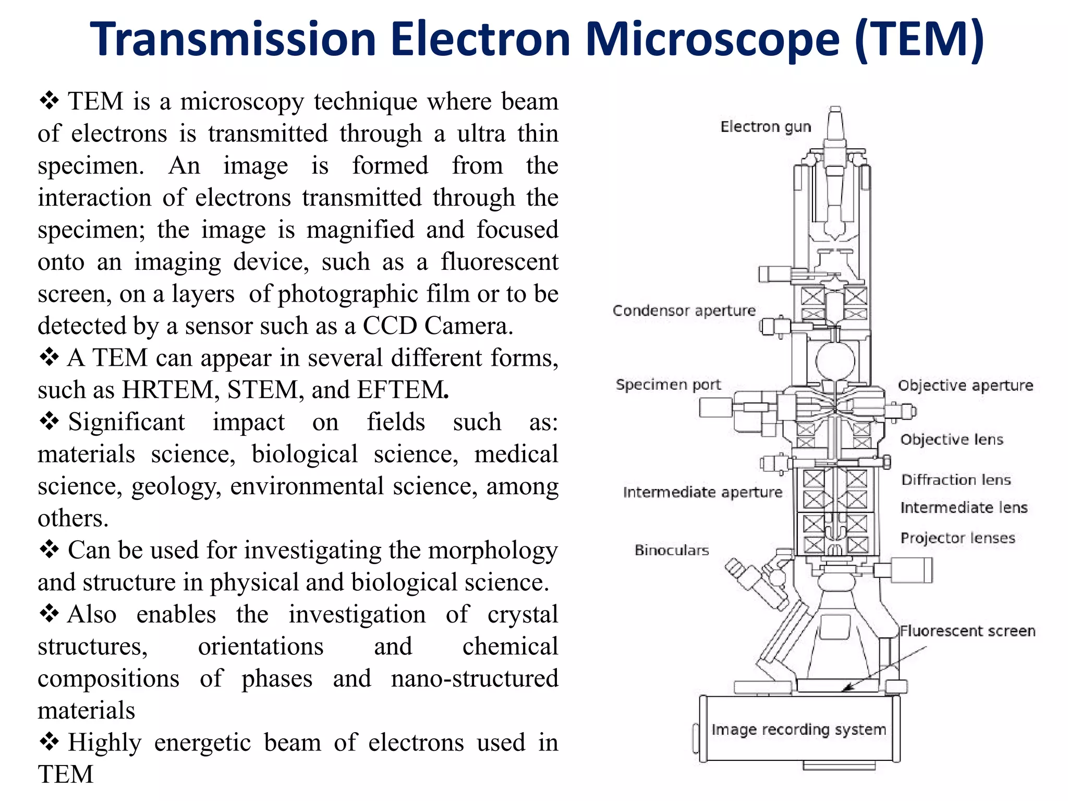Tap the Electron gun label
click(766, 127)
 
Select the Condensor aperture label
click(684, 310)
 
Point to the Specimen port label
click(668, 385)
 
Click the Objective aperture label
click(965, 386)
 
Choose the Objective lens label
click(952, 439)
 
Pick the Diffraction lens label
click(956, 480)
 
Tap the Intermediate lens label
click(964, 508)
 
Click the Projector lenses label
click(957, 538)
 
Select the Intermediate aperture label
click(702, 492)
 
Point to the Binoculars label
click(672, 550)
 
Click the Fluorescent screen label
click(967, 631)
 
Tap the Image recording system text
click(798, 729)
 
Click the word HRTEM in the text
click(168, 390)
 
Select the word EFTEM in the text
click(402, 390)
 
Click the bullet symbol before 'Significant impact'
click(49, 421)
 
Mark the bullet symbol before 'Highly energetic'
click(49, 742)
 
